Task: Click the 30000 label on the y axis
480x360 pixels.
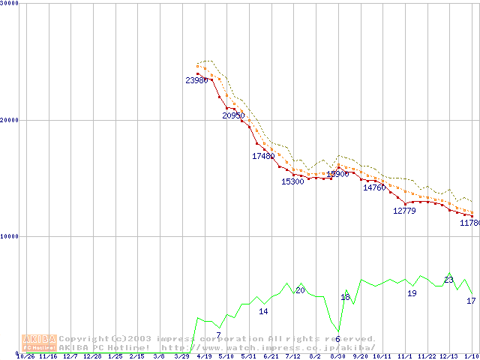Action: click(x=10, y=4)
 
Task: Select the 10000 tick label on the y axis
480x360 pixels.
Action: click(x=10, y=236)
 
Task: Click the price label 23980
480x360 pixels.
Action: click(x=196, y=80)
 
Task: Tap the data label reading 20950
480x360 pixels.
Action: click(x=233, y=115)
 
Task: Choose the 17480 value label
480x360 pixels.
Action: click(x=263, y=156)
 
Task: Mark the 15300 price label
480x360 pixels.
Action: click(x=292, y=181)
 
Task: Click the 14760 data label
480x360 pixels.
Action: click(x=374, y=187)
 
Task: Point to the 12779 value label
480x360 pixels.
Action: click(x=404, y=211)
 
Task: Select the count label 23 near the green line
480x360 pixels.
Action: click(x=448, y=280)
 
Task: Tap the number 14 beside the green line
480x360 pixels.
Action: click(x=263, y=311)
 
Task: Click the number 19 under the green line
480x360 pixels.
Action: click(x=412, y=293)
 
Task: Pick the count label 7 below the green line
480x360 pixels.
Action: click(x=218, y=334)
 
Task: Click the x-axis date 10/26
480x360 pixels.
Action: click(x=25, y=357)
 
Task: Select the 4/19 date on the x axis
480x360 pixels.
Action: click(x=203, y=357)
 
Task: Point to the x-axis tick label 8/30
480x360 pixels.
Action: click(x=337, y=357)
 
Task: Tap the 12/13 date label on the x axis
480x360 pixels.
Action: click(x=448, y=357)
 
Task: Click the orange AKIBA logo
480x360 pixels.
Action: click(x=39, y=343)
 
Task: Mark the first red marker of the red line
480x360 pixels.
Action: click(x=197, y=73)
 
